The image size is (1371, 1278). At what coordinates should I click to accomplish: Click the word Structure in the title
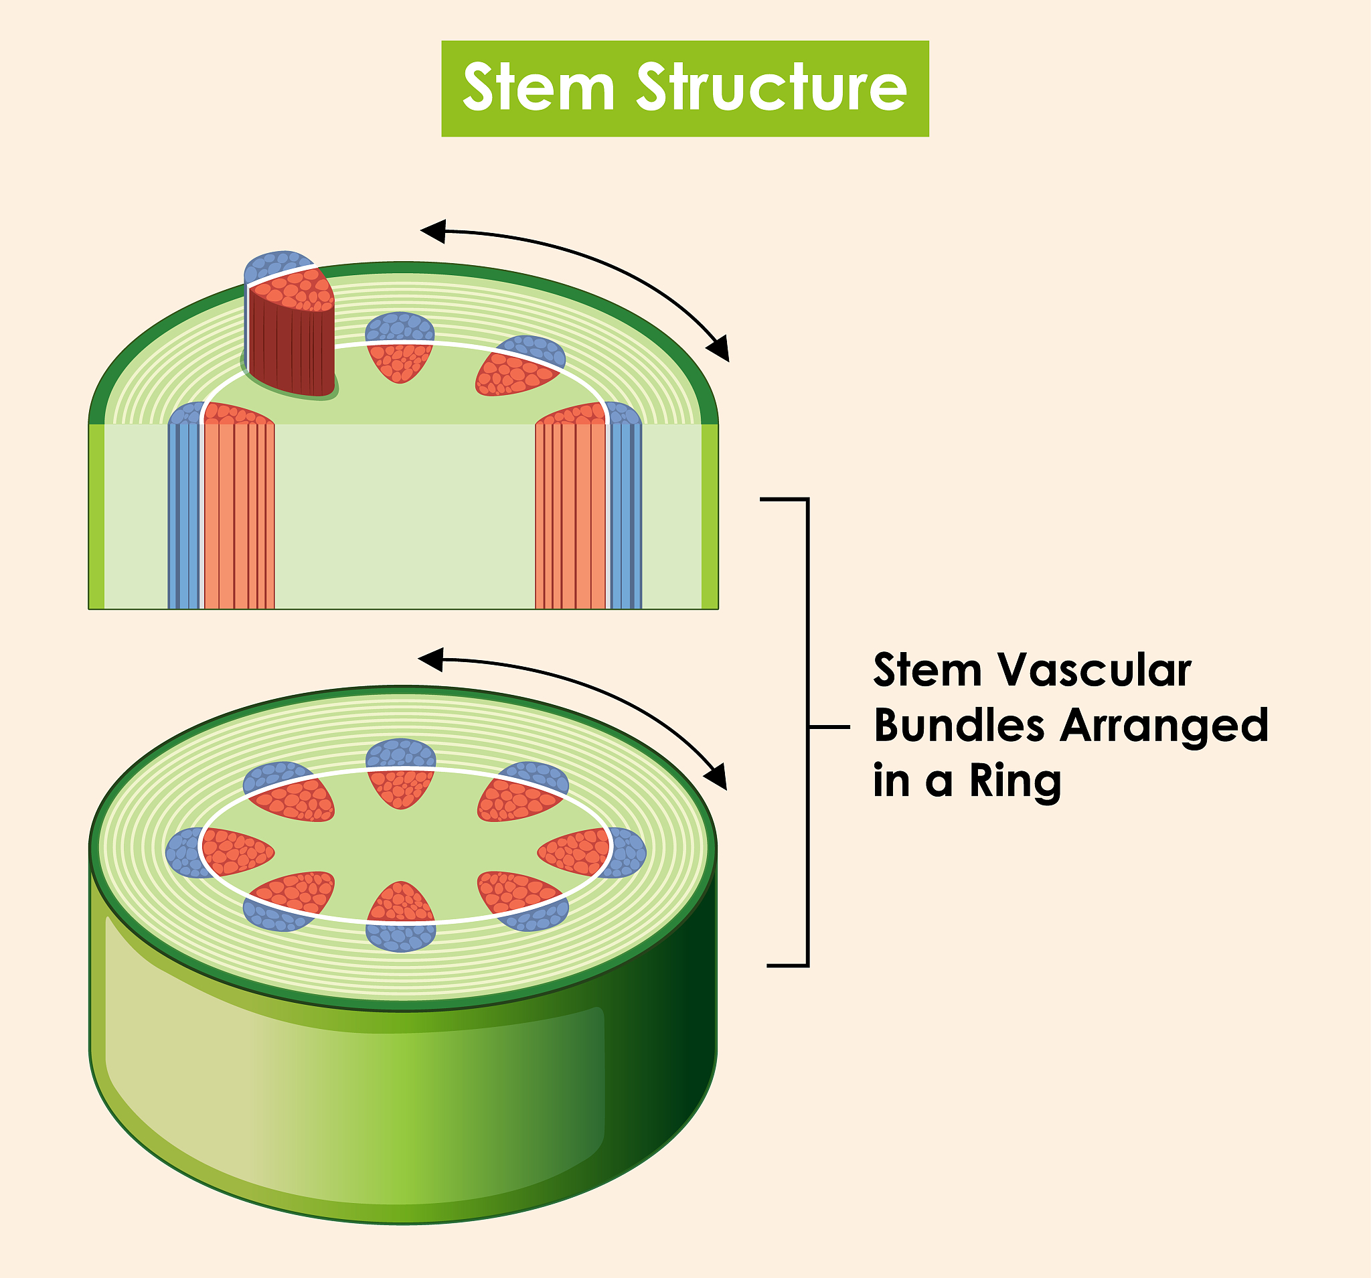[771, 88]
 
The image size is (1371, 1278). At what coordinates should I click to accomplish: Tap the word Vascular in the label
[1096, 669]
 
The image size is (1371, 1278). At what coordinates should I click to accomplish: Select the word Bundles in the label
[959, 726]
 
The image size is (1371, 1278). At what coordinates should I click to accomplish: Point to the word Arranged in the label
[1164, 726]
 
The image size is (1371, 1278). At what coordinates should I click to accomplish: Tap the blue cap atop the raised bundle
[276, 265]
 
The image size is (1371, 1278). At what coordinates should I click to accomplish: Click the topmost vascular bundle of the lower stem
[401, 773]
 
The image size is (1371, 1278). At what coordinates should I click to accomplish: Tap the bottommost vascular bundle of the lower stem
[401, 918]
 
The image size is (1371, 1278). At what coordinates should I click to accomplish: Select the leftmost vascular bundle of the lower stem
[220, 852]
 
